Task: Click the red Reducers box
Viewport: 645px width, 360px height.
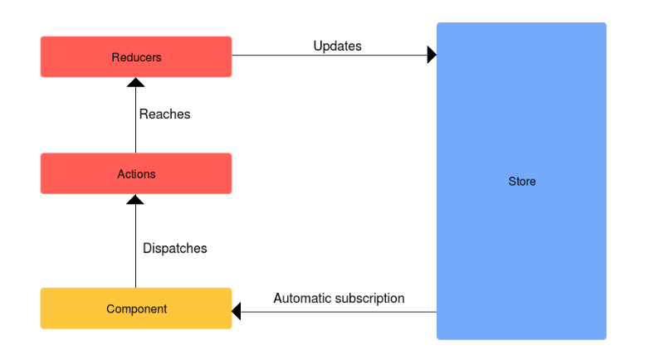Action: coord(136,56)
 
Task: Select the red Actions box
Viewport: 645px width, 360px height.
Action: coord(136,173)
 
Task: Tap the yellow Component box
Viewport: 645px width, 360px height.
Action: coord(136,309)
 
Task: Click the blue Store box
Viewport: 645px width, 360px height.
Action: coord(521,181)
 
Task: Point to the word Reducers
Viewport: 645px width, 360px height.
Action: coord(137,57)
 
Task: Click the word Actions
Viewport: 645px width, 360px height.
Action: coord(137,174)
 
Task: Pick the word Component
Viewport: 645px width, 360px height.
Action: coord(137,309)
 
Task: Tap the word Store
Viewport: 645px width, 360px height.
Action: coord(522,181)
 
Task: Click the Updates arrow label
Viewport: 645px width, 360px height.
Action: coord(337,46)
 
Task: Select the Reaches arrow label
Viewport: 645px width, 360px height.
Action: coord(165,114)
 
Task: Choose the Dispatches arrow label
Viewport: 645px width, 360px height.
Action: coord(175,248)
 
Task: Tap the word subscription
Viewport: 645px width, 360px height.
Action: coord(369,299)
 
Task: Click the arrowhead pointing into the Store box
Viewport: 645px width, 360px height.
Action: coord(432,55)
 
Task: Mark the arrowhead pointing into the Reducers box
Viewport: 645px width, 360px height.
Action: coord(136,82)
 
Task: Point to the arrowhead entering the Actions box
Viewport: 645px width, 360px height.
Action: coord(135,199)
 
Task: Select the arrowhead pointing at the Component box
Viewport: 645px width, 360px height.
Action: coord(236,311)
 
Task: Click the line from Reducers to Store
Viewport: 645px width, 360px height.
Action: coord(330,55)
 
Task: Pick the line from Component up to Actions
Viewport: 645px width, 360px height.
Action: coord(136,246)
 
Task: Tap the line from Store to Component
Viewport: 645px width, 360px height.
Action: coord(339,312)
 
